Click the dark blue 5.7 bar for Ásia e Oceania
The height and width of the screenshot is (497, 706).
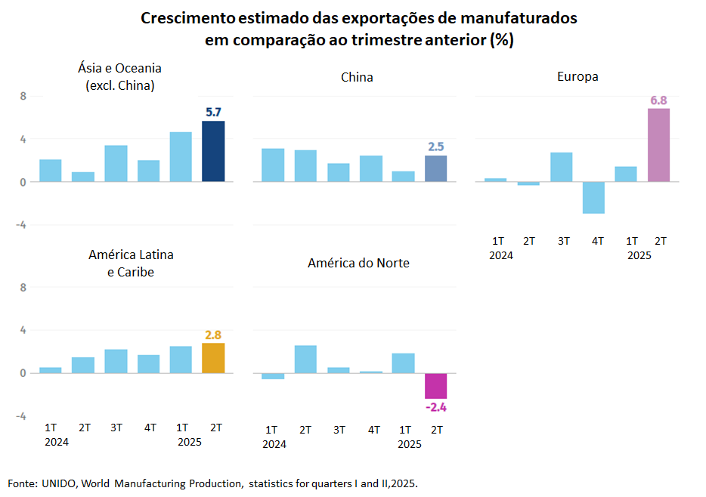[x=213, y=151]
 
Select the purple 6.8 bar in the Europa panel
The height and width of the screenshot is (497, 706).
[x=659, y=145]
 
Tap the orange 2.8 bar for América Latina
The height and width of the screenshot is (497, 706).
[x=213, y=358]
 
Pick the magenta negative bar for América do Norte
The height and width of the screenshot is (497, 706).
[x=436, y=386]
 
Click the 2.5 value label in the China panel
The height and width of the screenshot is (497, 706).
[x=436, y=147]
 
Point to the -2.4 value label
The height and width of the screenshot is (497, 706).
[x=436, y=408]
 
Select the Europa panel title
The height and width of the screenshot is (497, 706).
[x=577, y=77]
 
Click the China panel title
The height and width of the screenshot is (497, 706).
[x=357, y=77]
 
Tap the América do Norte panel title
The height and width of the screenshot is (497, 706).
[x=358, y=263]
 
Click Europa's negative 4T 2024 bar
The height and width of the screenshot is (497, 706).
[x=594, y=197]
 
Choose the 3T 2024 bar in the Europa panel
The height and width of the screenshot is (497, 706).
[x=562, y=167]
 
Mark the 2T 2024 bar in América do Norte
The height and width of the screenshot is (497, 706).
[x=305, y=359]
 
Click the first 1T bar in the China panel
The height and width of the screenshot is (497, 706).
[x=273, y=165]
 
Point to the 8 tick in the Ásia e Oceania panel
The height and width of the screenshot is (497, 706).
[x=23, y=96]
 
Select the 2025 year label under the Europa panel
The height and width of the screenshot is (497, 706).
[x=639, y=255]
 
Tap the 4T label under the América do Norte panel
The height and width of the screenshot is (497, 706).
[x=373, y=430]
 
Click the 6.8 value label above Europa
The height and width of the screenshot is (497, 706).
[x=659, y=100]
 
